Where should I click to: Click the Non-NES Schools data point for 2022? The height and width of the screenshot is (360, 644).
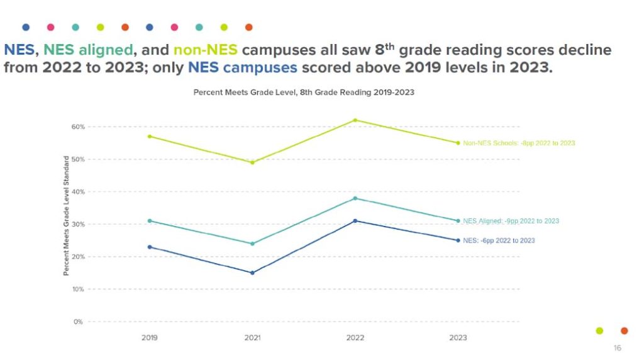point(355,120)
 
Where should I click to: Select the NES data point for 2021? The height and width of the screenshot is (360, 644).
point(252,273)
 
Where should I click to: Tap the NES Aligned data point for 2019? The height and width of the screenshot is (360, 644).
point(150,220)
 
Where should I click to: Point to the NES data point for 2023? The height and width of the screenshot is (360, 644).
point(458,240)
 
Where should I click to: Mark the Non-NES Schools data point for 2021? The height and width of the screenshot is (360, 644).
point(252,162)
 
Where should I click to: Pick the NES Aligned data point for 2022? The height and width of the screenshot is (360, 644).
point(355,198)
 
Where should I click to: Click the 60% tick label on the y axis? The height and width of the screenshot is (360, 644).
point(77,127)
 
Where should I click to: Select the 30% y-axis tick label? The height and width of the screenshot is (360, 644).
point(77,224)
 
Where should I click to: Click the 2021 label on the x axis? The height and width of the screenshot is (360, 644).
point(252,338)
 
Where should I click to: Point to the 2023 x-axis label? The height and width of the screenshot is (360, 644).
point(458,338)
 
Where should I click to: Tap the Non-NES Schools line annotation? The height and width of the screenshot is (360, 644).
point(519,143)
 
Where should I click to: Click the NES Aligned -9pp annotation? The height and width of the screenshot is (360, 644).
point(511,221)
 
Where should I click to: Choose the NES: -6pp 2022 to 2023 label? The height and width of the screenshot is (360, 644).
point(499,240)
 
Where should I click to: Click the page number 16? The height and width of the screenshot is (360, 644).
point(617,348)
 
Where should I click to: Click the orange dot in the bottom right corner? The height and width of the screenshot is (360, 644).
point(624,330)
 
